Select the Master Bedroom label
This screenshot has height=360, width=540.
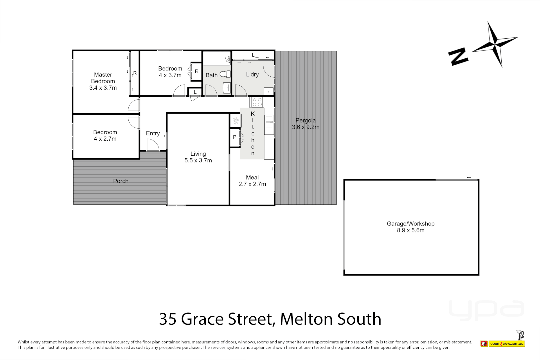(103, 81)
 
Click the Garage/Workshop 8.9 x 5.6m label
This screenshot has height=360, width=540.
(411, 227)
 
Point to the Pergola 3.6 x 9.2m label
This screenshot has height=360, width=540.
(306, 124)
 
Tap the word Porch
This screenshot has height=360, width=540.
(121, 181)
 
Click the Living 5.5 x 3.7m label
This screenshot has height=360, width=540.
(198, 157)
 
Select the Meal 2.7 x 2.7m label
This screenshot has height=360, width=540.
(252, 181)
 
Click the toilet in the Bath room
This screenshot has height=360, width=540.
(226, 74)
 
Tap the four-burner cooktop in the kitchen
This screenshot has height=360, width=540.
(257, 102)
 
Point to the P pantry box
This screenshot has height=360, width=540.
(235, 137)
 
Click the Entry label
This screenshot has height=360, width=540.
(153, 133)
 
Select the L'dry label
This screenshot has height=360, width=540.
(252, 74)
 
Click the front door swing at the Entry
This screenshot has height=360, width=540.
(153, 145)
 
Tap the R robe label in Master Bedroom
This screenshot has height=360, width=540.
(135, 73)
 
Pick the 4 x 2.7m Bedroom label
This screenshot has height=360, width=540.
(105, 135)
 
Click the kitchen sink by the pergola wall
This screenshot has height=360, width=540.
(269, 122)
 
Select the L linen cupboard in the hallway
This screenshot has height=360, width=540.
(195, 92)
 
